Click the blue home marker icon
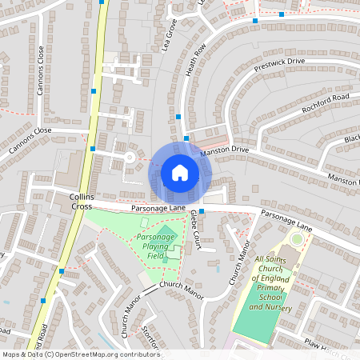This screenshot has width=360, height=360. click(180, 172)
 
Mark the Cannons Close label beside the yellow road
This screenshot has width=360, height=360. click(31, 139)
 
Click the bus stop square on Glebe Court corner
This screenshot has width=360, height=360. click(202, 211)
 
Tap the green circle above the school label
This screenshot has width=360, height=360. click(297, 238)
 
